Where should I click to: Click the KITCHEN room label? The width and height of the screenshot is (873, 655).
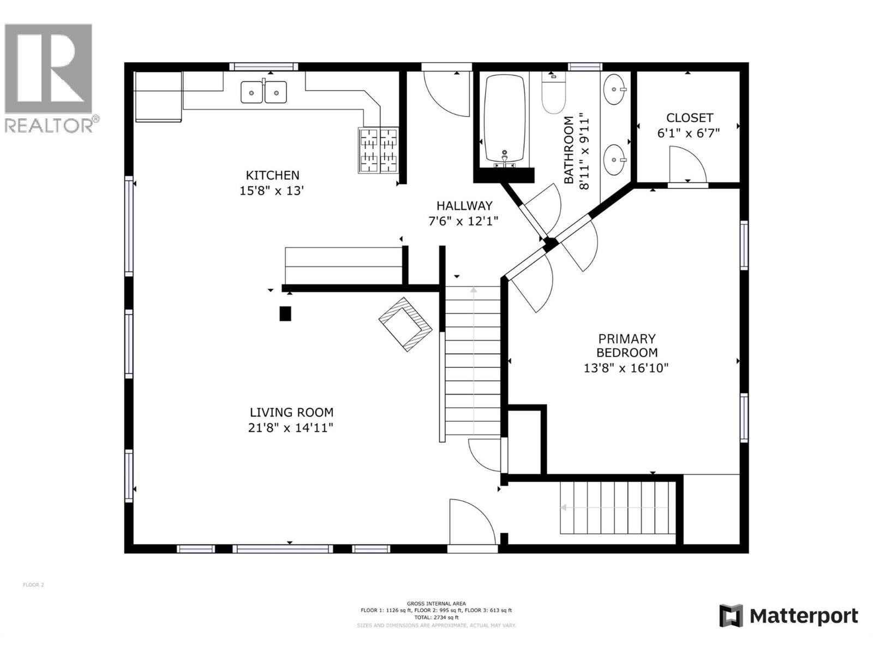point(272,175)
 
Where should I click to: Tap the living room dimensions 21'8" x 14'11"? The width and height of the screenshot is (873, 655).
point(290,428)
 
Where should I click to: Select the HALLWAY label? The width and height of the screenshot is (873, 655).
point(464,206)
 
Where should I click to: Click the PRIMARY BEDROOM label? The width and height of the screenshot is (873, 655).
point(626,346)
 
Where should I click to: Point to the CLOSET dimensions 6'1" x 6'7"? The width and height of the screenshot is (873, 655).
point(689,133)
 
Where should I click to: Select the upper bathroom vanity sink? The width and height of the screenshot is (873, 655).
point(615,89)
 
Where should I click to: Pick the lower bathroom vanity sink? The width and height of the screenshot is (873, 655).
point(615,160)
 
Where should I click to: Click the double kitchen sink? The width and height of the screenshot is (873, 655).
point(264,92)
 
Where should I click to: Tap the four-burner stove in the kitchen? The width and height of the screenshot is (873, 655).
point(378,150)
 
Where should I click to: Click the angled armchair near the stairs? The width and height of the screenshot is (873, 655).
point(405,324)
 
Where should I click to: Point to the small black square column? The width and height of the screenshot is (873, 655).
point(285,313)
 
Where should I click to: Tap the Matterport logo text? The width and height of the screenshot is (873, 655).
point(803,616)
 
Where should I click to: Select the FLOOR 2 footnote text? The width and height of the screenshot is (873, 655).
point(33,585)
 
